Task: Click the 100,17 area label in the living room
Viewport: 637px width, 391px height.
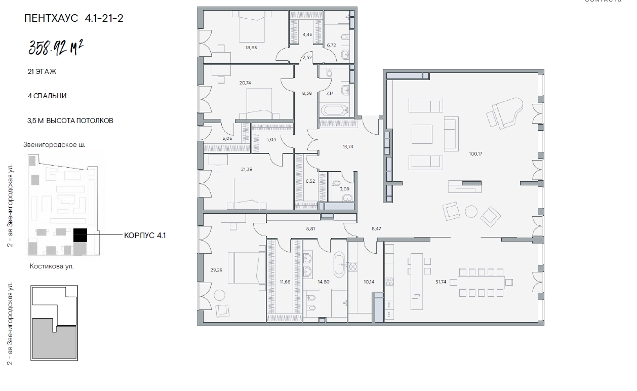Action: pyautogui.click(x=475, y=154)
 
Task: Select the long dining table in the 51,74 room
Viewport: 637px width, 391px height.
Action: pyautogui.click(x=481, y=283)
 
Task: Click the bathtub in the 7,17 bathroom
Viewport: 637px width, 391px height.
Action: pyautogui.click(x=335, y=110)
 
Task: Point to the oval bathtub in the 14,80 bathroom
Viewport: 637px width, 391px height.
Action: pyautogui.click(x=339, y=264)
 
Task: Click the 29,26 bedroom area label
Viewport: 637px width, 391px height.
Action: pyautogui.click(x=216, y=270)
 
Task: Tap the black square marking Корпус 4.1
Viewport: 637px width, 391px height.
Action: pyautogui.click(x=80, y=235)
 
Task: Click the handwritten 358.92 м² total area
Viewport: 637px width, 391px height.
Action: pyautogui.click(x=56, y=48)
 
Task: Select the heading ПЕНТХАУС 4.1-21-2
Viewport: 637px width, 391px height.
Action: pyautogui.click(x=73, y=18)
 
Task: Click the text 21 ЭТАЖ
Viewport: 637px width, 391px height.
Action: pyautogui.click(x=42, y=71)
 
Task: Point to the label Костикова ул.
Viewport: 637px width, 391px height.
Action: pyautogui.click(x=52, y=266)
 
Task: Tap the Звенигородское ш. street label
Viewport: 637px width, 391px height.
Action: pyautogui.click(x=54, y=145)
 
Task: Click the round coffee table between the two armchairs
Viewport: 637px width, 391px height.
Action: pyautogui.click(x=471, y=212)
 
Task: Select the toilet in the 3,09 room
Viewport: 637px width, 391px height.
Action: pyautogui.click(x=347, y=198)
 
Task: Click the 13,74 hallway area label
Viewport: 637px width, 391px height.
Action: pyautogui.click(x=348, y=147)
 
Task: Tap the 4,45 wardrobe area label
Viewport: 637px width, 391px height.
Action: pyautogui.click(x=307, y=34)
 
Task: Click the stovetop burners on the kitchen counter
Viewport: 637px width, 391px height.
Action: pyautogui.click(x=389, y=282)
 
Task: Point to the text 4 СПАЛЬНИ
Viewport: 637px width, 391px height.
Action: pyautogui.click(x=47, y=96)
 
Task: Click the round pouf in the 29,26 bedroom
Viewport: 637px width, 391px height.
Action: pyautogui.click(x=219, y=295)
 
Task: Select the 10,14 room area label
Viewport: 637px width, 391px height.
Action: pyautogui.click(x=369, y=282)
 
